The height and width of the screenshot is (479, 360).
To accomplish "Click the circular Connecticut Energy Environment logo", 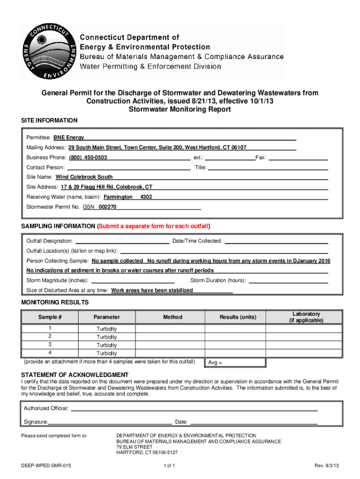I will (x=50, y=51).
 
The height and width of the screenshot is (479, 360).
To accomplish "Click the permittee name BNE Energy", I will (x=69, y=138).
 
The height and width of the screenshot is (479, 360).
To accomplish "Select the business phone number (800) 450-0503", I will (x=88, y=158).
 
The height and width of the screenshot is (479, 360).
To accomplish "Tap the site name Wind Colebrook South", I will (x=84, y=177).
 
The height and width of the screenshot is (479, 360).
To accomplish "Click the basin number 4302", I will (x=146, y=197).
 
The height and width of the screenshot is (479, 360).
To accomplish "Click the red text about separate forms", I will (x=154, y=226).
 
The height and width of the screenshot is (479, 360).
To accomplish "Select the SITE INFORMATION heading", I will (x=50, y=121).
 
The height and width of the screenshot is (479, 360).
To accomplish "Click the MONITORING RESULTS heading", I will (x=55, y=303).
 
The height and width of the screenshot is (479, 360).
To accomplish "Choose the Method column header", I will (x=173, y=317).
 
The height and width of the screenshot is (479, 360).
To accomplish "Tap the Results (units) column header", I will (x=238, y=317).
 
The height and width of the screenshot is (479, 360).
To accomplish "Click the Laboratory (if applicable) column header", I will (x=306, y=317).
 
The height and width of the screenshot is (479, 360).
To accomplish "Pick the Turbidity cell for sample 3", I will (x=107, y=345).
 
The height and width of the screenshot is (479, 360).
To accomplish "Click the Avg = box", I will (x=235, y=363).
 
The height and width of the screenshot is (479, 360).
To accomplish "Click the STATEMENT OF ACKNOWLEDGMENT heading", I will (x=75, y=375).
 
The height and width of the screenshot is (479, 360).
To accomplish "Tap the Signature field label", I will (x=36, y=422).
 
